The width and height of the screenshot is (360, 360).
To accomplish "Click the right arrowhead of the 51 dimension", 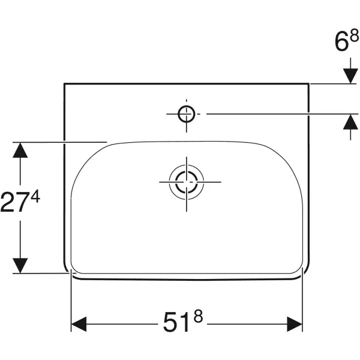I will point(295,325).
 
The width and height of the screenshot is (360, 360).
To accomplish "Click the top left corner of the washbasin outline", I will point(65,84).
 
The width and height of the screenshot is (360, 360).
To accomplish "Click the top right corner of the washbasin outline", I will point(309,84).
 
